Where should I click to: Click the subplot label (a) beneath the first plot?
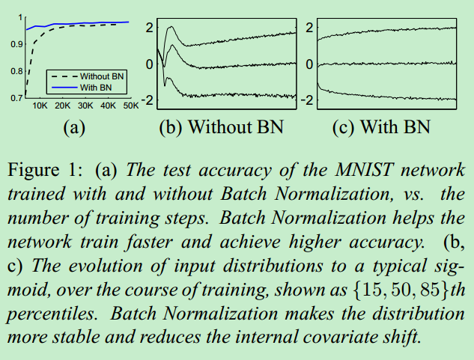pos(73,127)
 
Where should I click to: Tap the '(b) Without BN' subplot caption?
pos(222,127)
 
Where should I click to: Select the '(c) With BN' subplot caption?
pos(381,127)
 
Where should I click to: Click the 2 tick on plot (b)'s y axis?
pos(149,28)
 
